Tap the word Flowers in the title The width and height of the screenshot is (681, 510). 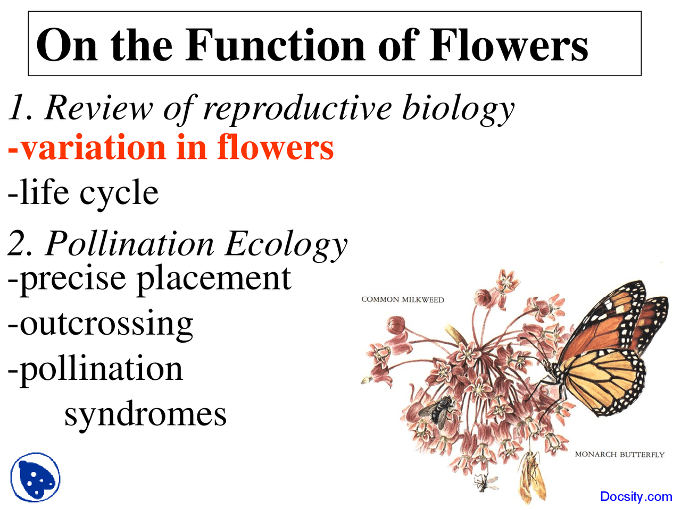click(x=508, y=45)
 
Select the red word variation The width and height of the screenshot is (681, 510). click(x=88, y=148)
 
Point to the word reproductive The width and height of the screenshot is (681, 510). click(x=298, y=109)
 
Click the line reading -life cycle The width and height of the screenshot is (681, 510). click(x=83, y=192)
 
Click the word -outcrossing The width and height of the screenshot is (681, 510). click(x=100, y=324)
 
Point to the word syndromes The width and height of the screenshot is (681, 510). click(x=145, y=414)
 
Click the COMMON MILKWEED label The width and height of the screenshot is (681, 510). click(x=402, y=300)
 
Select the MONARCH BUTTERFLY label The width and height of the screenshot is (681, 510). click(x=619, y=455)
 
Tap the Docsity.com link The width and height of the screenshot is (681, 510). click(x=636, y=497)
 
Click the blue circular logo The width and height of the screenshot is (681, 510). click(x=35, y=477)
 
